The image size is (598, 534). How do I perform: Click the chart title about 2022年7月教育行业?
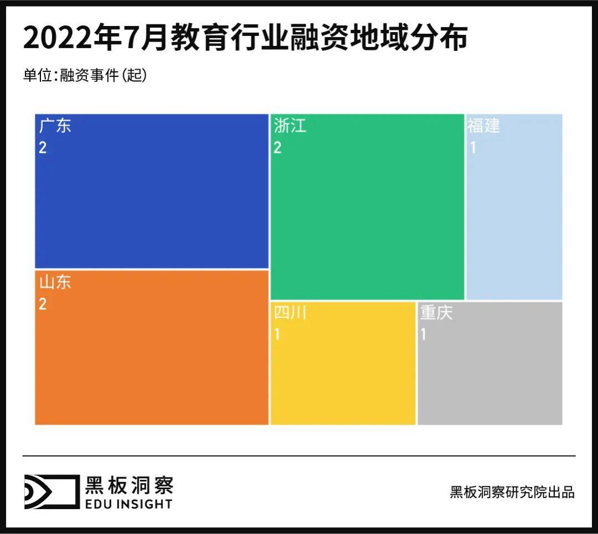click(245, 39)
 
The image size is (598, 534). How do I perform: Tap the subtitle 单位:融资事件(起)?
click(85, 75)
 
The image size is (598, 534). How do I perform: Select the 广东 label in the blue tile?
click(55, 126)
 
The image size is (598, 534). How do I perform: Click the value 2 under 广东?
click(43, 148)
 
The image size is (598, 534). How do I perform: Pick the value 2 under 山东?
click(43, 304)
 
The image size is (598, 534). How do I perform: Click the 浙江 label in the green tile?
click(290, 126)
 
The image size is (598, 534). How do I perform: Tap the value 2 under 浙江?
click(277, 148)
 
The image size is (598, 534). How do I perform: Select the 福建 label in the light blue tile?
click(483, 126)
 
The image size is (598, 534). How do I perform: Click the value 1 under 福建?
click(473, 148)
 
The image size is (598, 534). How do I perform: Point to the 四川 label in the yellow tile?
click(290, 313)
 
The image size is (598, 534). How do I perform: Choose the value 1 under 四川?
click(277, 335)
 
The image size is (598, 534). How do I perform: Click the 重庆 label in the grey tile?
click(436, 313)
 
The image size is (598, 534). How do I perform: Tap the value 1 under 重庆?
click(424, 335)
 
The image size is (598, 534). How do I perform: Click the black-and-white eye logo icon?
click(51, 491)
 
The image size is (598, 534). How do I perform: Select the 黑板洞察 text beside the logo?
click(128, 485)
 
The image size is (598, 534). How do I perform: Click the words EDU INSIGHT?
click(128, 504)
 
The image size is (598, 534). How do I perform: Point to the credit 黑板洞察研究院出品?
click(512, 492)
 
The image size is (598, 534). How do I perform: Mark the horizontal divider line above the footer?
click(299, 456)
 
